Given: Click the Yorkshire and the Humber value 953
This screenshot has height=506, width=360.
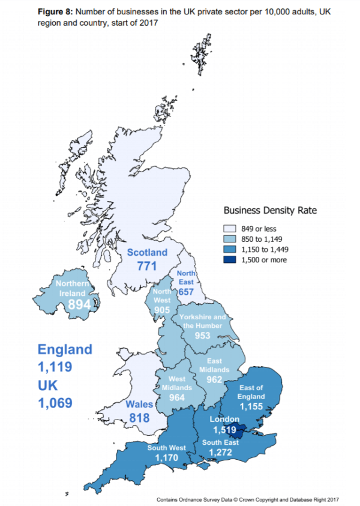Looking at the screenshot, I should (x=202, y=336).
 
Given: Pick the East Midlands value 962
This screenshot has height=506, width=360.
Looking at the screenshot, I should (x=214, y=380).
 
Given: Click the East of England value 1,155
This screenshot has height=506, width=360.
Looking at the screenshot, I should (x=251, y=406).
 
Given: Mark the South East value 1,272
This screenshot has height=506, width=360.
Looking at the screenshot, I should (x=219, y=453).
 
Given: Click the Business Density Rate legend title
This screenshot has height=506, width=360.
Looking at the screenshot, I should (x=270, y=210).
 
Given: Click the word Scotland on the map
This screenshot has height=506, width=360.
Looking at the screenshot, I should (x=147, y=252).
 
